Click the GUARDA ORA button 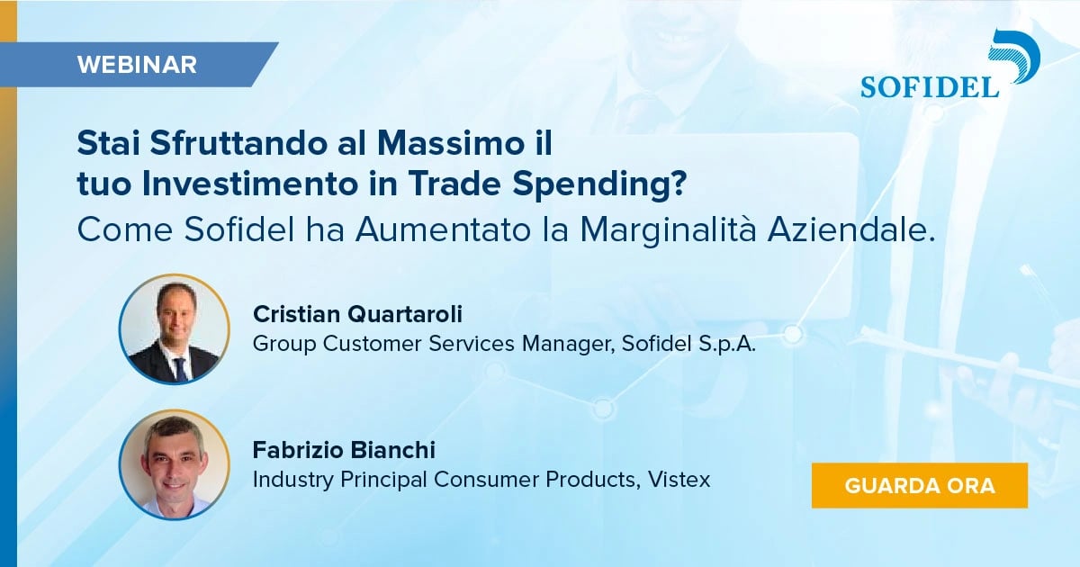[919, 486]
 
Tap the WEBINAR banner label [137, 65]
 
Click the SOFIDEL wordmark [930, 86]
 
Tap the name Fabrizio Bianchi [344, 450]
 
